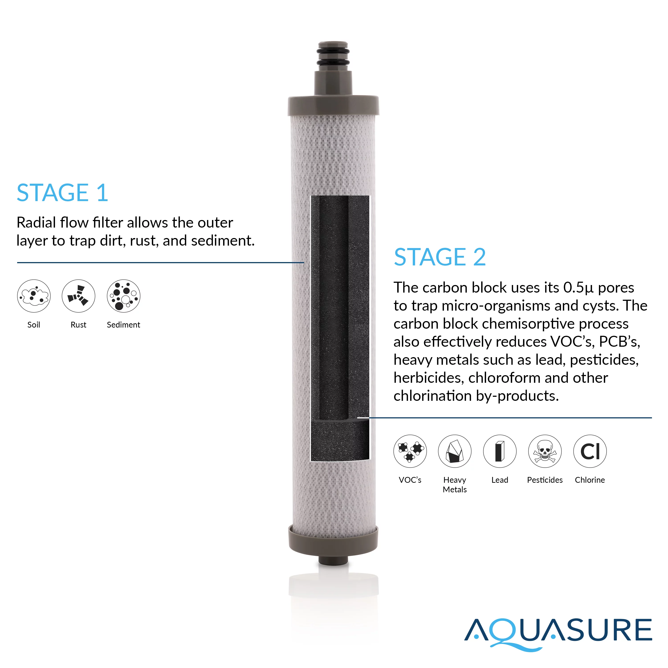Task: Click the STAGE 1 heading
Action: [62, 193]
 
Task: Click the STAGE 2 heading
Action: [440, 257]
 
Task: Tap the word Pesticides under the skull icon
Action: [545, 480]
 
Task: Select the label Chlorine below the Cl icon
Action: [590, 480]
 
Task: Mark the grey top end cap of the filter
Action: [333, 106]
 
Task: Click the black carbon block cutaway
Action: [340, 328]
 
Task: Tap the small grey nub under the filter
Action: [333, 560]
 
